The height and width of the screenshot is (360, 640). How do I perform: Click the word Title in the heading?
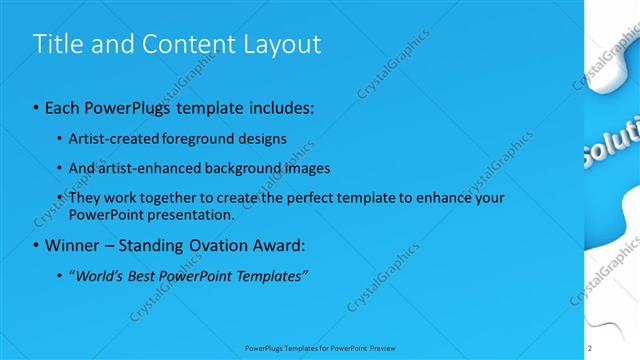click(x=56, y=44)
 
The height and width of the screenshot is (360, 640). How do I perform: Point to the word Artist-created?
click(x=111, y=138)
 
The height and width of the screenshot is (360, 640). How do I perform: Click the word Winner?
click(x=71, y=244)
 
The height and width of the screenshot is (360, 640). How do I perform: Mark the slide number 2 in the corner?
click(x=590, y=348)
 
